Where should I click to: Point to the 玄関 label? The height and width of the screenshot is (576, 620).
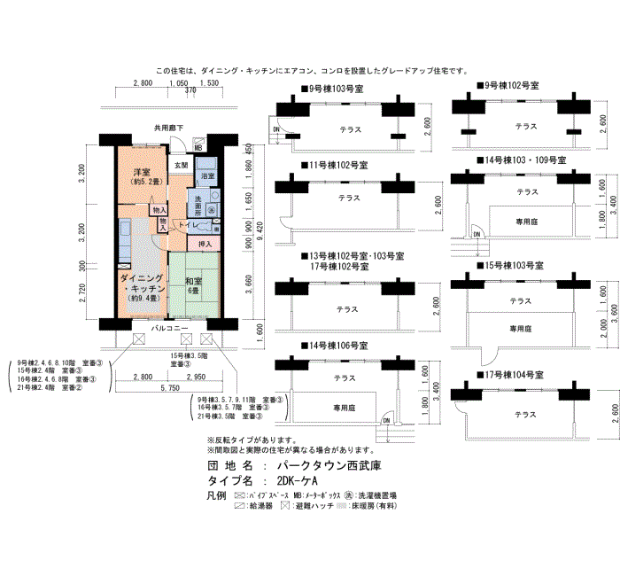pos(181,166)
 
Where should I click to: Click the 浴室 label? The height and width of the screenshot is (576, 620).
pos(205,177)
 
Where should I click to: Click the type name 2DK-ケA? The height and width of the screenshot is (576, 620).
pos(303,481)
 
